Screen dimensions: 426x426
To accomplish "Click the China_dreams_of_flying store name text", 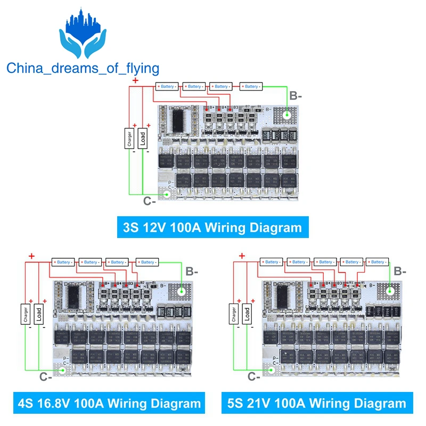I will pyautogui.click(x=83, y=68).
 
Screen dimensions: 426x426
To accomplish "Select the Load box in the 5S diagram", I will pyautogui.click(x=247, y=314).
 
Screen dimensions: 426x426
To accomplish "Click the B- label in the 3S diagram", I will pyautogui.click(x=295, y=97).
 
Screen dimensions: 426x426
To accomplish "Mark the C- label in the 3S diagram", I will pyautogui.click(x=150, y=201).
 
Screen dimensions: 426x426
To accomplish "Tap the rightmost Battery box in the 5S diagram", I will pyautogui.click(x=378, y=262).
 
